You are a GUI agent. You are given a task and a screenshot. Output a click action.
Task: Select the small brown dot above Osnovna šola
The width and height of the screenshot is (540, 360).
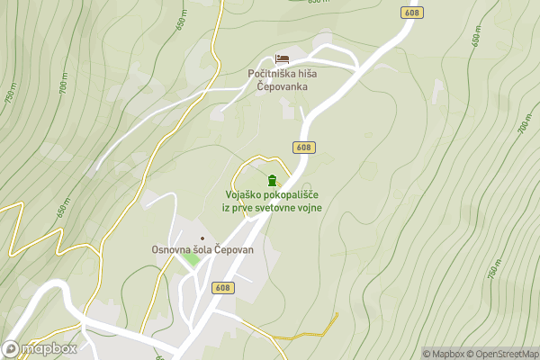202,237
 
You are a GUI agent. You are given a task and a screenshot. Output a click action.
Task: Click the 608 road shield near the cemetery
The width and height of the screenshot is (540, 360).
303,147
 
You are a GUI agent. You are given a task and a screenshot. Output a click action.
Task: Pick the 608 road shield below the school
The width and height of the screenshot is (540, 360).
223,288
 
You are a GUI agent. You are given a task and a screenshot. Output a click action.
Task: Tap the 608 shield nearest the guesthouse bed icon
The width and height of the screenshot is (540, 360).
412,13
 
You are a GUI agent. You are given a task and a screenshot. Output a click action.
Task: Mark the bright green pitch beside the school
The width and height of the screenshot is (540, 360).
191,260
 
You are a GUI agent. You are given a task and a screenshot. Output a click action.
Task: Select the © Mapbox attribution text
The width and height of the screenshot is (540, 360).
447,354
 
